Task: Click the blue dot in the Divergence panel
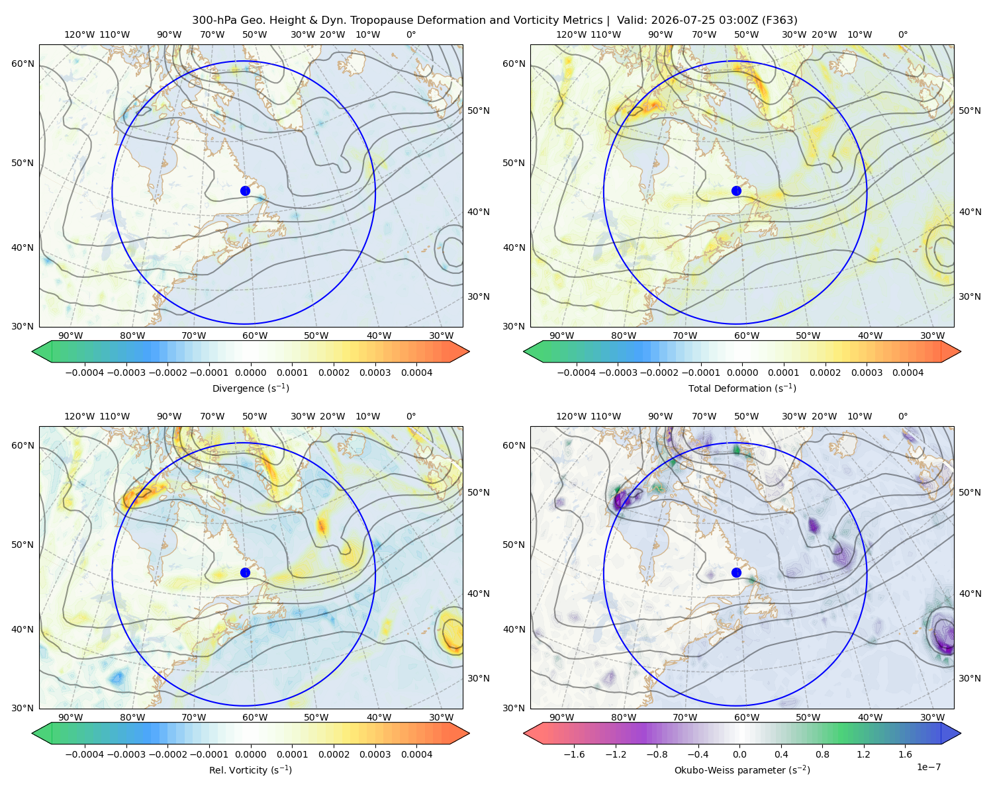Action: click(245, 191)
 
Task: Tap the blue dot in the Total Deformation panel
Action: click(736, 191)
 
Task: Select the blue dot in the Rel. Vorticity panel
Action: click(245, 572)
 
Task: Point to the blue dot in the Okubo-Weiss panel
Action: click(736, 572)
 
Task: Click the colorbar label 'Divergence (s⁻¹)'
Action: click(250, 388)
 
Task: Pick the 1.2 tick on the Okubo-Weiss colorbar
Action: click(864, 754)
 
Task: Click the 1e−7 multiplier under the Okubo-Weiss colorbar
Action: click(928, 767)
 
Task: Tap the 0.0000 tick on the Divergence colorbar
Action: click(250, 373)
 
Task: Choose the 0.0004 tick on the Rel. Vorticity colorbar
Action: click(416, 754)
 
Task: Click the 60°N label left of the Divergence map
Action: click(23, 64)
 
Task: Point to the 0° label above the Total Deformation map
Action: click(902, 34)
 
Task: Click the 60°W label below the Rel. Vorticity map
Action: click(255, 717)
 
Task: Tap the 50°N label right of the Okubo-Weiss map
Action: click(970, 492)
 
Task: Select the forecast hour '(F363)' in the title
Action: click(780, 21)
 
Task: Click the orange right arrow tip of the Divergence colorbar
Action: click(469, 351)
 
